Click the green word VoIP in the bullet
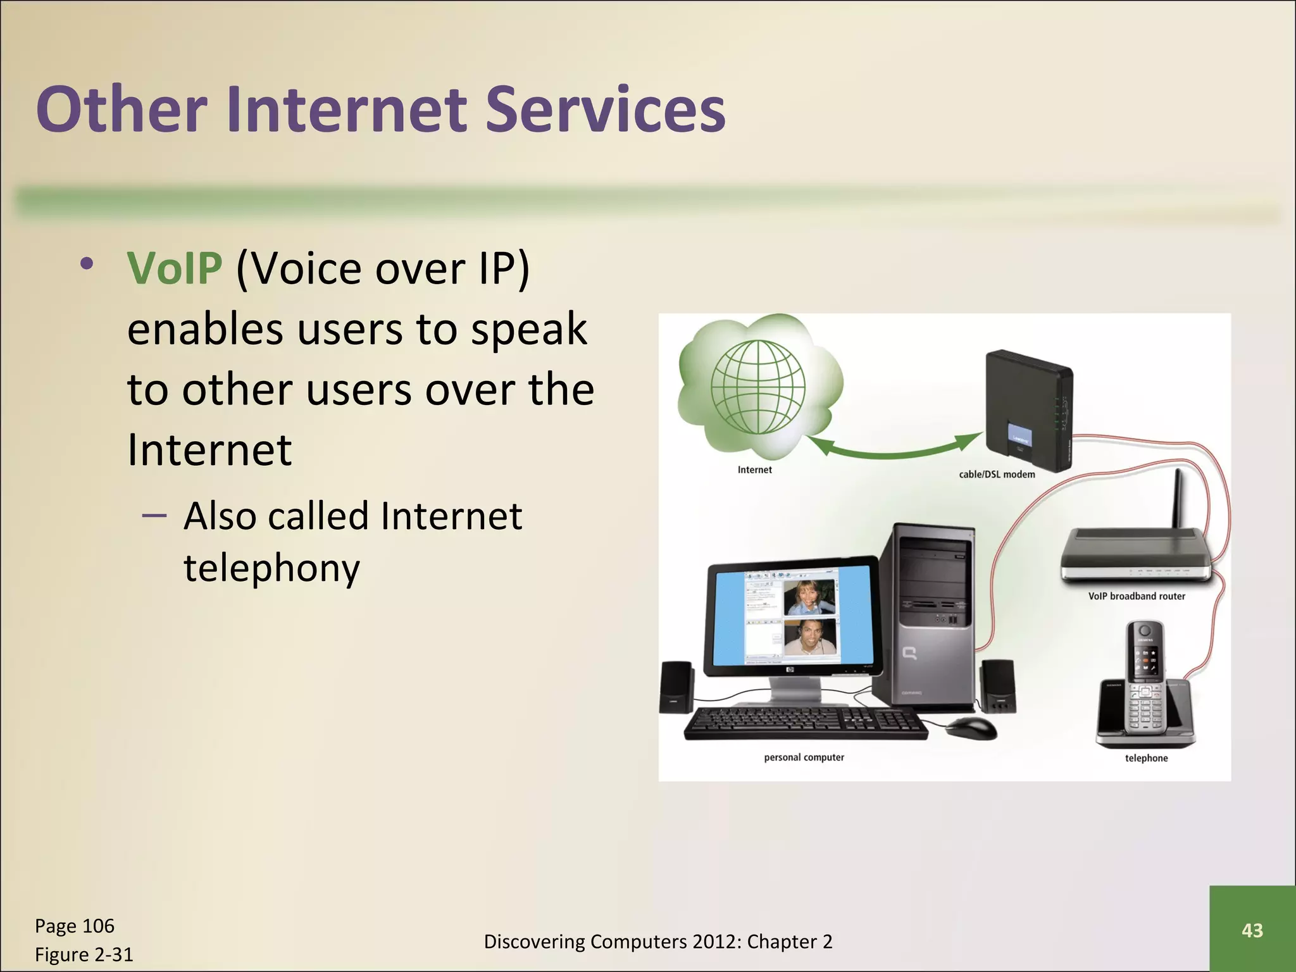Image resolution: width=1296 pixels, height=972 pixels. [x=175, y=269]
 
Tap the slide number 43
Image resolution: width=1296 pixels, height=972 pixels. [x=1252, y=930]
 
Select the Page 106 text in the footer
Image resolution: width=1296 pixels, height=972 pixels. [x=75, y=926]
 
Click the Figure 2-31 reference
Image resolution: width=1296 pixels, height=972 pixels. [x=84, y=954]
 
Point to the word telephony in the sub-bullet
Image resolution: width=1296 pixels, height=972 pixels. [x=271, y=568]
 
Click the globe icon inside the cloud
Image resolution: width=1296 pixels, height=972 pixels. [x=757, y=387]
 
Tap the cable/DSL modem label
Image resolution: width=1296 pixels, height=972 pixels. [x=997, y=475]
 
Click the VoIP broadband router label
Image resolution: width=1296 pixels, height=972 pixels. [x=1137, y=596]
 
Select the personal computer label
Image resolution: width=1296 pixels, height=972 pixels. [x=804, y=757]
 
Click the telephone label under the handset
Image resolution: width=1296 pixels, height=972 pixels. [x=1146, y=758]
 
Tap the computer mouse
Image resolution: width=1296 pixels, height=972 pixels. [x=971, y=728]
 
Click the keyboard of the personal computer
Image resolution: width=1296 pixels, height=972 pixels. [x=804, y=723]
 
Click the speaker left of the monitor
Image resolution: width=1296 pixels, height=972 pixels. [x=676, y=687]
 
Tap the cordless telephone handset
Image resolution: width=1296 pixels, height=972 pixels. [x=1146, y=683]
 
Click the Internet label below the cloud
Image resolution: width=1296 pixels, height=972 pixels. [x=754, y=470]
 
